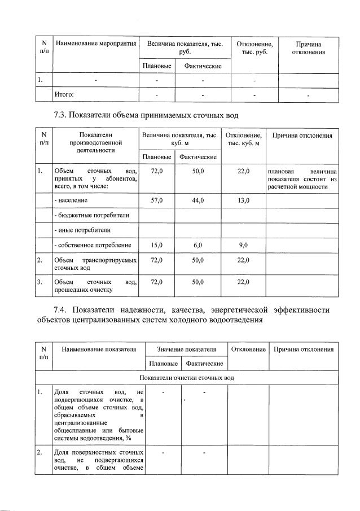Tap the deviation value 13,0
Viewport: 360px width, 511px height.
pos(243,200)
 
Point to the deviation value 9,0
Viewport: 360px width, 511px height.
pos(243,245)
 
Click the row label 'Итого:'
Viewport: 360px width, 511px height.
pos(64,94)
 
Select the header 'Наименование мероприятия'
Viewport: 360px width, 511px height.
pos(95,43)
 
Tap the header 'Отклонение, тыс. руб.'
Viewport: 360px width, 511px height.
pos(254,48)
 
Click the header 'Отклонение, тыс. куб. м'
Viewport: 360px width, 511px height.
pos(243,139)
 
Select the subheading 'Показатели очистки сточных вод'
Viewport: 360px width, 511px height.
pos(187,377)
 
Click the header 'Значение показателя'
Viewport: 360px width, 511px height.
pos(187,349)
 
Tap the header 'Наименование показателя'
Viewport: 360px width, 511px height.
pos(99,349)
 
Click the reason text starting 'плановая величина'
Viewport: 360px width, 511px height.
pos(302,178)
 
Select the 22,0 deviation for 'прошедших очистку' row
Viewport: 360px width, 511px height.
pos(243,282)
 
